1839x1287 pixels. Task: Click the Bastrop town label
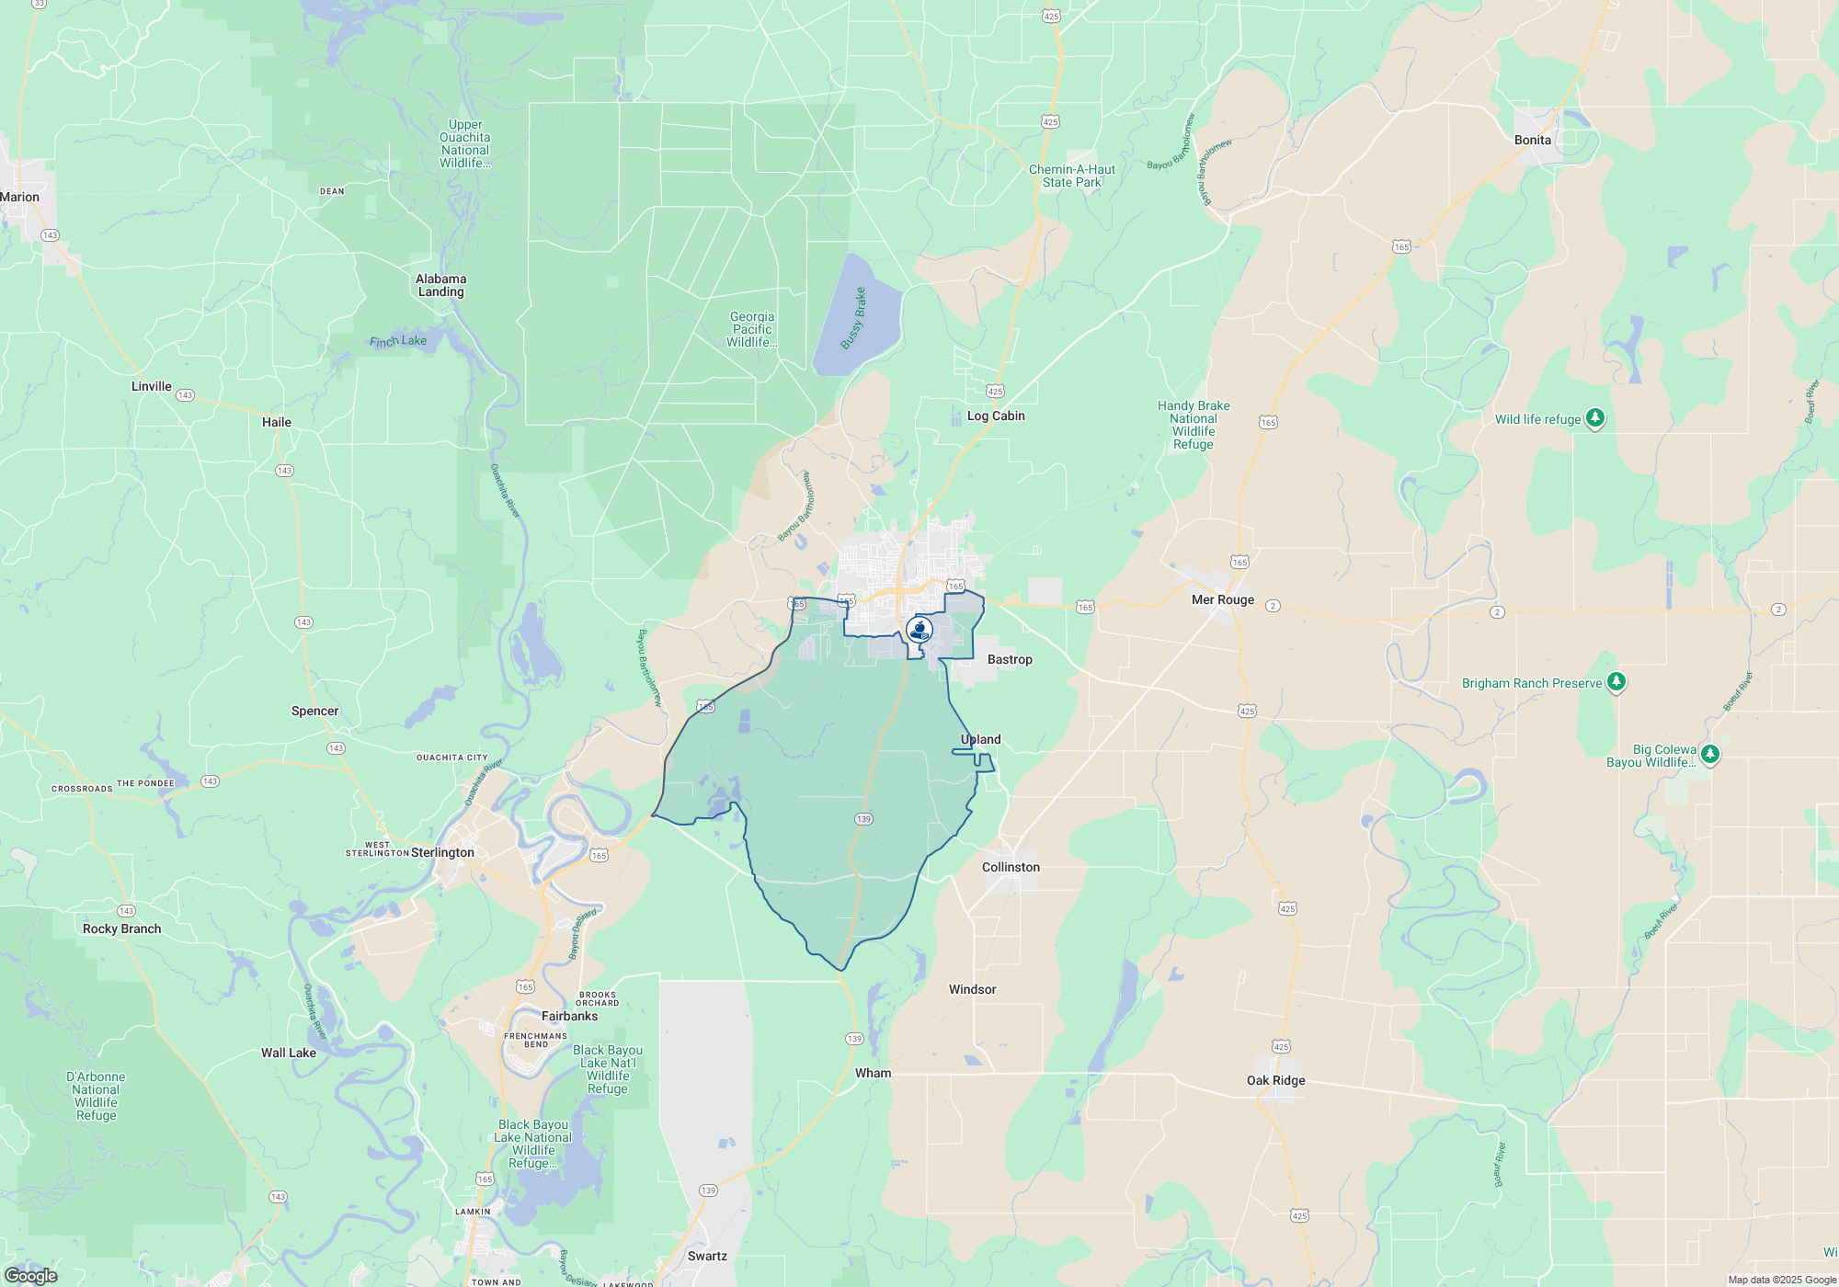click(x=1010, y=659)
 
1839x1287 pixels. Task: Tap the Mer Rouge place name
click(x=1222, y=599)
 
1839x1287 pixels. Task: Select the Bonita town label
click(x=1532, y=140)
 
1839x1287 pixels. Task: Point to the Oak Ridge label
click(x=1275, y=1080)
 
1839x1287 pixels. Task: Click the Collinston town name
click(x=1011, y=867)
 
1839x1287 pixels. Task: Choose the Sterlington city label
click(x=442, y=852)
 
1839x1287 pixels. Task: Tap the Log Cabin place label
click(x=995, y=416)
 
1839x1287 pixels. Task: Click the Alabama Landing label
click(x=440, y=285)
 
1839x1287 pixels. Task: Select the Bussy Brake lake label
click(x=853, y=318)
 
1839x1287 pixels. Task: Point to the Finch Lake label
click(x=397, y=341)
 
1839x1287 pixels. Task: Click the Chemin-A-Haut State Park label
click(x=1071, y=176)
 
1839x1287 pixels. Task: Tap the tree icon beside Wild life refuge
click(x=1595, y=418)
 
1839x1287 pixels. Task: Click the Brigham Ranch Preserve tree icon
click(x=1616, y=682)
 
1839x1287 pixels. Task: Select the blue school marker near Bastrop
click(x=919, y=630)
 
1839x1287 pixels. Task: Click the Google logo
click(x=30, y=1275)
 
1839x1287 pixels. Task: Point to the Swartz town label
click(x=707, y=1256)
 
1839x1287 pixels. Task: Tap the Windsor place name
click(x=972, y=989)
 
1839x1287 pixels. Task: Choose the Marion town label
click(x=19, y=197)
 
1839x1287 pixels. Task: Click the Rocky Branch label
click(x=121, y=928)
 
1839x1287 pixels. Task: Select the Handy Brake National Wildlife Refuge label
click(x=1194, y=425)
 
